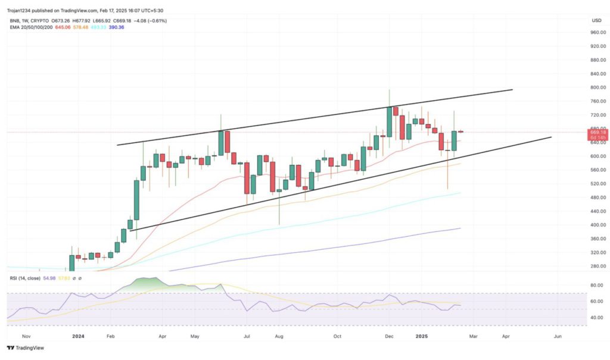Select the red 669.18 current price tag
pyautogui.click(x=597, y=132)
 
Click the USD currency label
pyautogui.click(x=596, y=20)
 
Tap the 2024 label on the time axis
pyautogui.click(x=78, y=336)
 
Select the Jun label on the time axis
pyautogui.click(x=558, y=336)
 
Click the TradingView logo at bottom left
pyautogui.click(x=26, y=348)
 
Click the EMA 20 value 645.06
pyautogui.click(x=63, y=27)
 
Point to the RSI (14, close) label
pyautogui.click(x=26, y=278)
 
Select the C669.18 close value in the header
pyautogui.click(x=122, y=21)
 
